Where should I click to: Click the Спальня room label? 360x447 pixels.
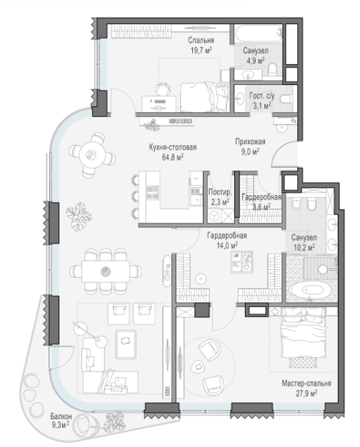(x=201, y=40)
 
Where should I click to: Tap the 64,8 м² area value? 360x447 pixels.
(x=173, y=157)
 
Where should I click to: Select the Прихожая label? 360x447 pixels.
(x=250, y=141)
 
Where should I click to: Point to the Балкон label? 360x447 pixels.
(x=61, y=416)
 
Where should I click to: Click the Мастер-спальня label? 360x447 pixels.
(x=306, y=383)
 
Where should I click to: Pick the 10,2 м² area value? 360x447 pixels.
(x=304, y=247)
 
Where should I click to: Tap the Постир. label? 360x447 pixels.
(x=220, y=192)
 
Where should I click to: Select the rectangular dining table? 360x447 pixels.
(x=106, y=271)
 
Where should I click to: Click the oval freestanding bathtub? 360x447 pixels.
(x=311, y=291)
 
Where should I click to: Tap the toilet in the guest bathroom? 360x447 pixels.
(x=286, y=99)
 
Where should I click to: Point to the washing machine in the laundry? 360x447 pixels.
(x=214, y=216)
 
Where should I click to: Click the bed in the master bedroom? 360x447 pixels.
(x=304, y=336)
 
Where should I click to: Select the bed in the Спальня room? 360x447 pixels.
(x=205, y=97)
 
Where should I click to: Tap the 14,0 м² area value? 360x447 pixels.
(x=227, y=246)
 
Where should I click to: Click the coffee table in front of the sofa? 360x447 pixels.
(x=126, y=343)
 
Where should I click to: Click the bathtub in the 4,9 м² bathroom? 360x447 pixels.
(x=259, y=34)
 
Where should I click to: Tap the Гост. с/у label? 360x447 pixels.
(x=261, y=96)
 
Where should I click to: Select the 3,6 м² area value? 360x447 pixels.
(x=261, y=206)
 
